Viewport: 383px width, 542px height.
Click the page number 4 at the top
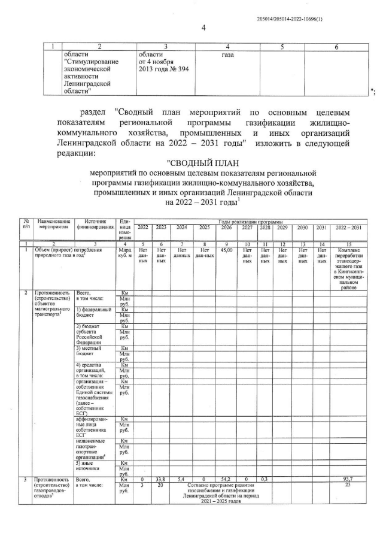pyautogui.click(x=203, y=28)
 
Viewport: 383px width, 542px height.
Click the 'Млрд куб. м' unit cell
pyautogui.click(x=125, y=255)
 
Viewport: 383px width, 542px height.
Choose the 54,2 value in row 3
pyautogui.click(x=226, y=479)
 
